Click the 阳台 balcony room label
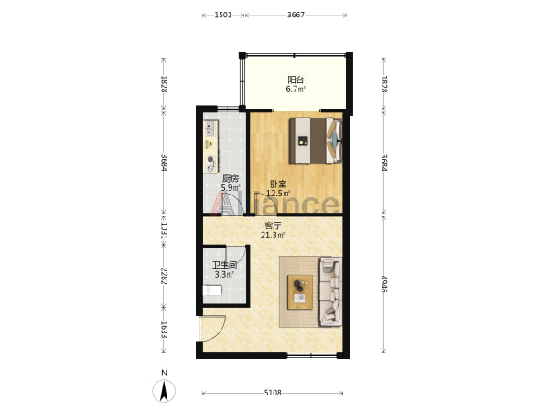pos(296,79)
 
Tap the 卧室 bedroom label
pos(278,184)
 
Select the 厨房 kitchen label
pos(231,179)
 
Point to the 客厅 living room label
pos(273,226)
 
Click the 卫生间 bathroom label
pos(224,265)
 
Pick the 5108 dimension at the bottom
pos(273,393)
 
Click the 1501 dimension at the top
pos(223,15)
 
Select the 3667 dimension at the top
pos(296,15)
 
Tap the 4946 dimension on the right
pos(384,284)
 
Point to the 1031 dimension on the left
pos(164,231)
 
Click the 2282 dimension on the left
pos(164,276)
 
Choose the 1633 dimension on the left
pos(164,330)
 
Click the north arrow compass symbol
pos(164,390)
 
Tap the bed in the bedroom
pos(316,141)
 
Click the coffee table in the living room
pos(300,292)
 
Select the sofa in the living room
pos(331,292)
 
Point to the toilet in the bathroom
pos(212,290)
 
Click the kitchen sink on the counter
pos(210,128)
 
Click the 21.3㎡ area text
pos(273,236)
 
